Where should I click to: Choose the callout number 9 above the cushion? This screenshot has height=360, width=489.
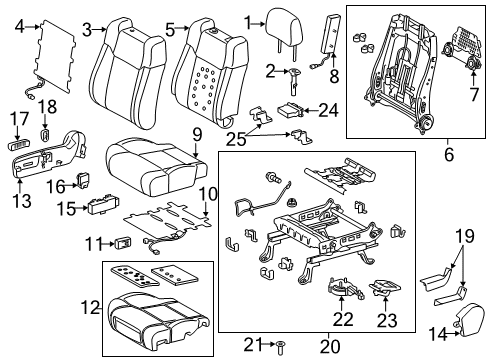pos(197,133)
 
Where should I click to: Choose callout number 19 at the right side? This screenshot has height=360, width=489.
pos(463,263)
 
